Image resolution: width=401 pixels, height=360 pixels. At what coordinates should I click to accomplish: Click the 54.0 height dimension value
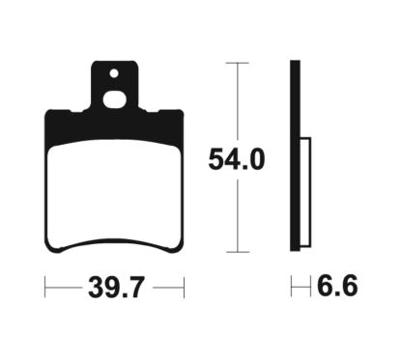[236, 158]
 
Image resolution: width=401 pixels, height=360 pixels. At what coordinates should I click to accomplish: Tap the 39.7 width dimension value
[114, 287]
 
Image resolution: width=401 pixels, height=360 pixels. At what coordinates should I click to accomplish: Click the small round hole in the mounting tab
[113, 72]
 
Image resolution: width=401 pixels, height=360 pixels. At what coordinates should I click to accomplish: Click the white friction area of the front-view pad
[114, 188]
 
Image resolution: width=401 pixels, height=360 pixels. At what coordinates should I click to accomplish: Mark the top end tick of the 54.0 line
[237, 63]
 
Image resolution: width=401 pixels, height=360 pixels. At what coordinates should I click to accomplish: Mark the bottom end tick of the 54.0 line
[237, 254]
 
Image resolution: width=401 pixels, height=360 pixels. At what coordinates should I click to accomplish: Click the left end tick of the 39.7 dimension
[45, 287]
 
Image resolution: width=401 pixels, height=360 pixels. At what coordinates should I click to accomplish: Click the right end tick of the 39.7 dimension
[183, 287]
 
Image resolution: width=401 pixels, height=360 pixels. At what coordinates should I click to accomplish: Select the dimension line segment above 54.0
[237, 101]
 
